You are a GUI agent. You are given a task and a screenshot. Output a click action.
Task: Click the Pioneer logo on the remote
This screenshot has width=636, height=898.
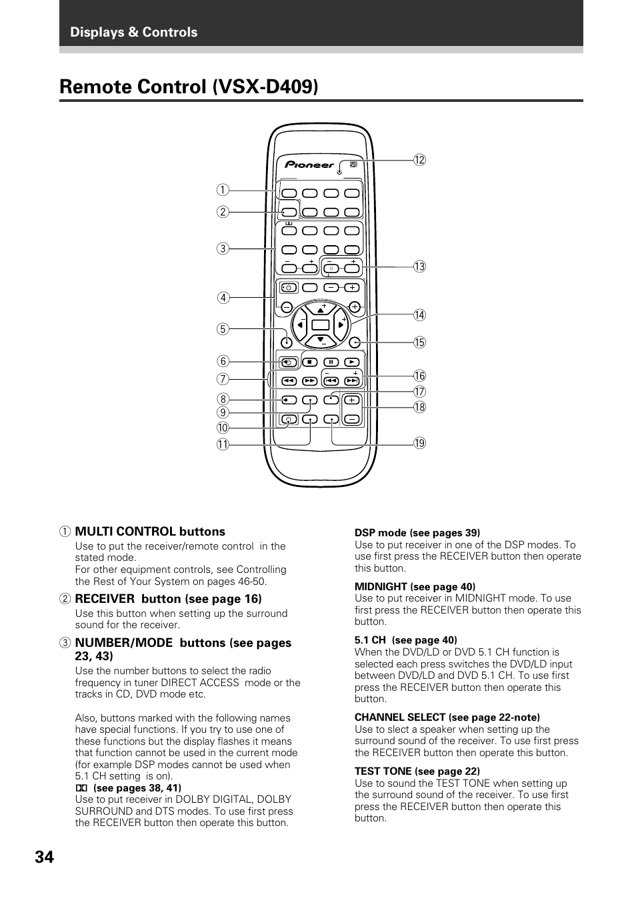click(310, 165)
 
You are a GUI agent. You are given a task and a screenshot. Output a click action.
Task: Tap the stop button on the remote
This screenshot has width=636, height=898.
click(309, 362)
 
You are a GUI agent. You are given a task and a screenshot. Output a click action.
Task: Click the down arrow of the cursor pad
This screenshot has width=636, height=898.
click(321, 340)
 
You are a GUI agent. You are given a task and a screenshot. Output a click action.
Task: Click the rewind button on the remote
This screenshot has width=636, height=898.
click(288, 382)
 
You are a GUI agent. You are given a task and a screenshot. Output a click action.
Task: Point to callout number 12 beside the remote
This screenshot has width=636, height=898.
click(419, 160)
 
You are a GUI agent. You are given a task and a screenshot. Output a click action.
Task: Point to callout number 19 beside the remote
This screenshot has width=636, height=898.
click(419, 443)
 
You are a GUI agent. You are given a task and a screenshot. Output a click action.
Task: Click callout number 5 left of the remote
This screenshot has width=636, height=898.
click(222, 329)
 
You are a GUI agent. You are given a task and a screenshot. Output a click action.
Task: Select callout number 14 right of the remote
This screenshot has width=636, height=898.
click(419, 315)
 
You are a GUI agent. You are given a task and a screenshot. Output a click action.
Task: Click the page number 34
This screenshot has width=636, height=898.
click(44, 857)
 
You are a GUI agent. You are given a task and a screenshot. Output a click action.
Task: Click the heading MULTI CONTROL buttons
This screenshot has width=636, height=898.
click(150, 532)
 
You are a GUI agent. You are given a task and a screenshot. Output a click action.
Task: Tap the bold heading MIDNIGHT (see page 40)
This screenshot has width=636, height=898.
click(415, 587)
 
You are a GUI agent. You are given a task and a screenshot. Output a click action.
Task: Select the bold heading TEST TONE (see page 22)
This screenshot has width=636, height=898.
click(417, 771)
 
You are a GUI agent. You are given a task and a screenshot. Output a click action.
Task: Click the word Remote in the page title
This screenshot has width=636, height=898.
click(97, 87)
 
